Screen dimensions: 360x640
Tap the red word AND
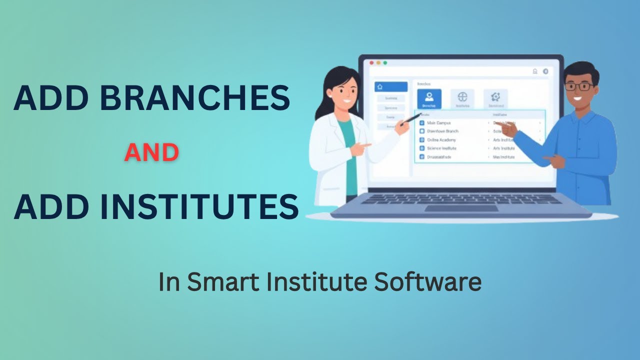coord(151,152)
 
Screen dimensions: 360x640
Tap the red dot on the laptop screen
coord(371,63)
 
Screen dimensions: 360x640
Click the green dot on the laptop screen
coord(385,63)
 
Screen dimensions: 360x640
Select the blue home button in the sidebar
coord(390,87)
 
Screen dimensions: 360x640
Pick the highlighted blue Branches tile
coord(429,99)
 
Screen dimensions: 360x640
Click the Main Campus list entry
coord(439,122)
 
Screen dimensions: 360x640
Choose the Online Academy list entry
coord(441,140)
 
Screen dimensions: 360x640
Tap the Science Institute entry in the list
coord(441,148)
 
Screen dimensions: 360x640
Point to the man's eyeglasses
coord(579,86)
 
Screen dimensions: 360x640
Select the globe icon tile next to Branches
coord(462,98)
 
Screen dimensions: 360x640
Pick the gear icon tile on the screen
coord(495,98)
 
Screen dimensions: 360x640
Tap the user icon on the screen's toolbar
coord(535,71)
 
